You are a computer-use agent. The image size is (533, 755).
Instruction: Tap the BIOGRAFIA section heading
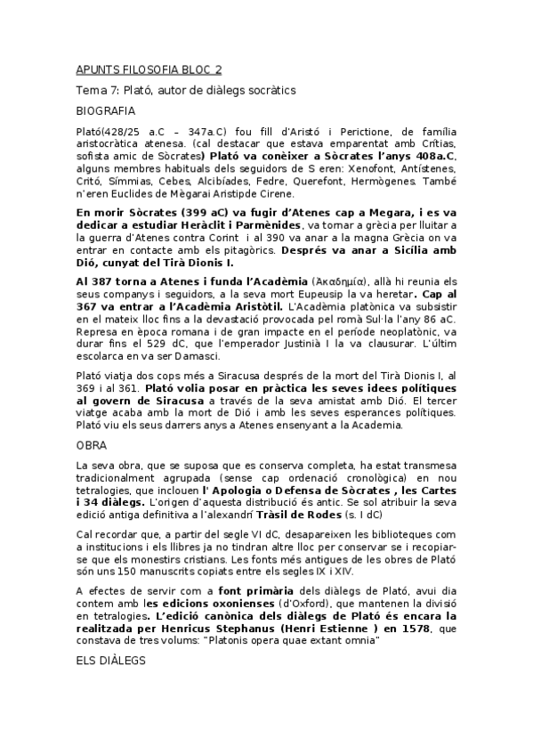point(106,111)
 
